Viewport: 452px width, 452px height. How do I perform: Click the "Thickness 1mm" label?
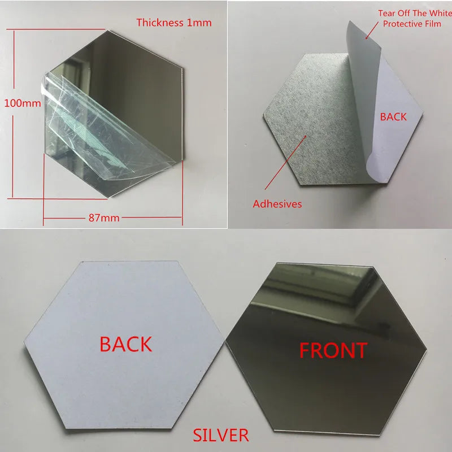pos(174,23)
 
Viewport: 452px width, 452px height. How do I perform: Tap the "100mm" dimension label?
pos(23,103)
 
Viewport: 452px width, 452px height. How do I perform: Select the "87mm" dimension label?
pos(104,218)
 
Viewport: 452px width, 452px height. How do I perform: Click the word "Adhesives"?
pos(277,204)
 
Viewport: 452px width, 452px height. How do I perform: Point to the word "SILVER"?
pos(221,435)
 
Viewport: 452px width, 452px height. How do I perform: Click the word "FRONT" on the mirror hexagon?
pos(333,350)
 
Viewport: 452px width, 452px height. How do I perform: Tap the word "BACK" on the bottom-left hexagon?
pos(125,344)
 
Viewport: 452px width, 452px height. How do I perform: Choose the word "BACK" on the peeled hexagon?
pos(393,117)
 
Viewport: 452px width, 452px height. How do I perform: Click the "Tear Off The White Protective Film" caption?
pos(415,19)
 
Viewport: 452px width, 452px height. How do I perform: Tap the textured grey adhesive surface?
pos(311,121)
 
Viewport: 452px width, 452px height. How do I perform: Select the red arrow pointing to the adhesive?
pos(285,162)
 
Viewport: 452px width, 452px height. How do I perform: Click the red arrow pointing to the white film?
pos(372,31)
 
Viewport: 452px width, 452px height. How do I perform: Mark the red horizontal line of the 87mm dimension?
pos(112,218)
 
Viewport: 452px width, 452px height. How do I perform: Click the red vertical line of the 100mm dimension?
pos(13,114)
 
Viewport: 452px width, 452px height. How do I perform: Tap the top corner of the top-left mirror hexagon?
pos(107,31)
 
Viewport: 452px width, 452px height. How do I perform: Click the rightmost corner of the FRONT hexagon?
pos(427,350)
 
